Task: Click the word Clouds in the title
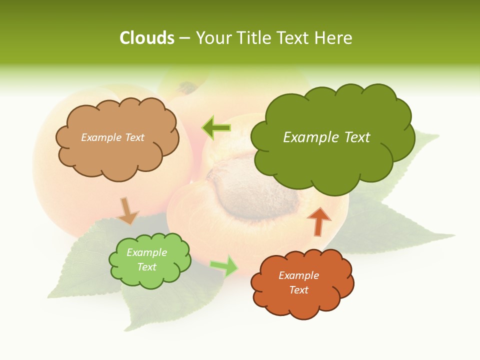point(147,37)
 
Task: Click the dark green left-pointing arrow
point(216,128)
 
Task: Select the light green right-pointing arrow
point(224,265)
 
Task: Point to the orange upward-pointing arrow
point(319,221)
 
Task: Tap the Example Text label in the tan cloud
point(112,137)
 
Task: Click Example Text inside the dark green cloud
point(326,137)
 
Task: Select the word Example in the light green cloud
point(147,252)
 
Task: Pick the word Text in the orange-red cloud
point(298,290)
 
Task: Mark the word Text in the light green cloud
point(147,267)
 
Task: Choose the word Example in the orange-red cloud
point(298,275)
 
